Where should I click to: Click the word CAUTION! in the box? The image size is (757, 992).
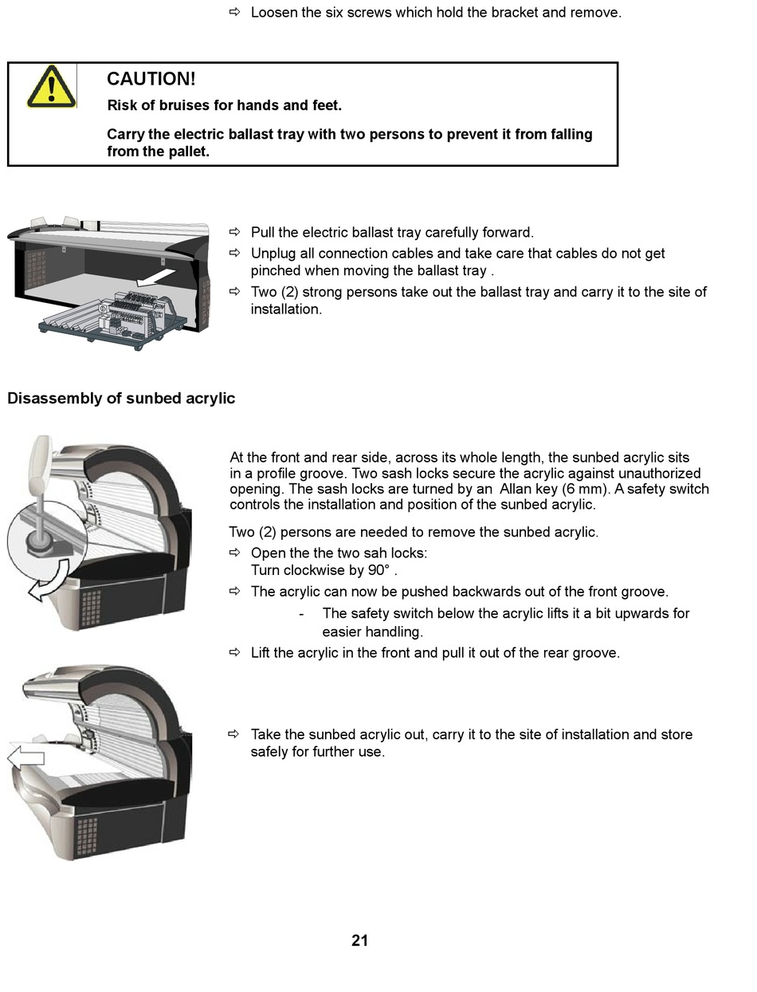[x=151, y=79]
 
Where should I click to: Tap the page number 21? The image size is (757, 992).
[x=359, y=941]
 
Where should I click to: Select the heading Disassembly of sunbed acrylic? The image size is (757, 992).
[x=121, y=399]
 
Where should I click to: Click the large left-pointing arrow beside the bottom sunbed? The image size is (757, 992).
[x=25, y=758]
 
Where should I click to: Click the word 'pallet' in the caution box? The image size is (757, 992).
[x=188, y=152]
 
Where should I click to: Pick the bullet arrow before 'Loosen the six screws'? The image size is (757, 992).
[x=234, y=12]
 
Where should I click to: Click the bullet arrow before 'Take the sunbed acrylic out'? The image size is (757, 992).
[x=234, y=734]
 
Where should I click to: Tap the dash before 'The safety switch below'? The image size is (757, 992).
[x=301, y=614]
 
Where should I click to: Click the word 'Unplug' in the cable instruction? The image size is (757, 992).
[x=275, y=254]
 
